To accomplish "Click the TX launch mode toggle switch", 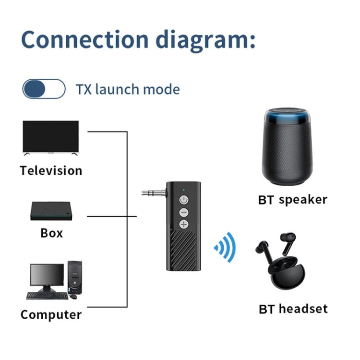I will tap(44, 89).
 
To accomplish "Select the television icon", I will tap(50, 137).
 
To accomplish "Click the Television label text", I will tap(51, 170).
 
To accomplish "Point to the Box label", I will tap(51, 233).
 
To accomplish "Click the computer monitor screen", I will tap(47, 275).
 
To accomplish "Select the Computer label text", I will tap(51, 315).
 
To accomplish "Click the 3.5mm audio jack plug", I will tap(153, 193).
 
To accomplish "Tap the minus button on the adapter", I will tap(183, 212).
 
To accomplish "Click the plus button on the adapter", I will tap(183, 224).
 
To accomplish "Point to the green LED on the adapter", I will tap(184, 188).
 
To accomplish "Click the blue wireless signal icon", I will tap(226, 247).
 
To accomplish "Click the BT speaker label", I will tap(292, 200).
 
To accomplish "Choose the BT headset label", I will tap(293, 309).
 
